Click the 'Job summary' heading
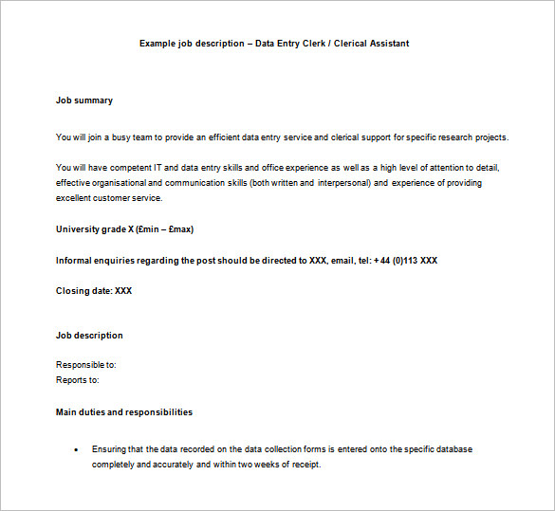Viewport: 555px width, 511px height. tap(84, 100)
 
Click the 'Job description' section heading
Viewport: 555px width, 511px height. tap(89, 336)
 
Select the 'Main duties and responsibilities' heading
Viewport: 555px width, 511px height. tap(124, 412)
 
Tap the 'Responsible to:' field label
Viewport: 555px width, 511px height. tap(86, 365)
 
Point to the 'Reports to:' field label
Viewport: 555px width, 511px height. tap(78, 380)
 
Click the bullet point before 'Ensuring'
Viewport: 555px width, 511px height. tap(75, 449)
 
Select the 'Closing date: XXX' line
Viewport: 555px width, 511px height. tap(94, 291)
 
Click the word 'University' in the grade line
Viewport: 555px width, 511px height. tap(78, 229)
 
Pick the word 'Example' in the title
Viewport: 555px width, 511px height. tap(157, 44)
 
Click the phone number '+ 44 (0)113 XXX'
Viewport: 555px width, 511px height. tap(405, 260)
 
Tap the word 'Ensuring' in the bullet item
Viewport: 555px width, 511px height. tap(110, 449)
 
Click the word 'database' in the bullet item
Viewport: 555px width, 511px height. tap(453, 449)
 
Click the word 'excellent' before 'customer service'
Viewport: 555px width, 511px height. tap(75, 198)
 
